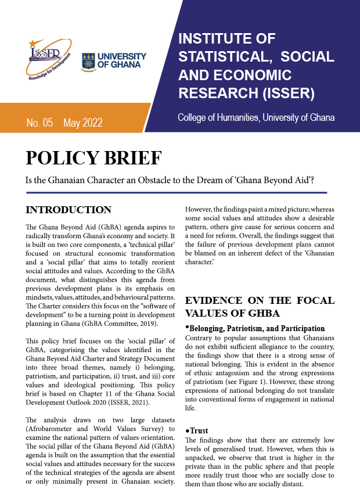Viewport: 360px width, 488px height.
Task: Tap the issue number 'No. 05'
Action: point(39,123)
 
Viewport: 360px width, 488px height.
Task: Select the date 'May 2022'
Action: point(83,123)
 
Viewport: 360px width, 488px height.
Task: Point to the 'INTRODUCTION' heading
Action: point(69,210)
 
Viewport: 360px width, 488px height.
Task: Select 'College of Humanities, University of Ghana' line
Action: point(256,118)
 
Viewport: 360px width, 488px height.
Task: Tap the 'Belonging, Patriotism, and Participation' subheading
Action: point(255,328)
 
